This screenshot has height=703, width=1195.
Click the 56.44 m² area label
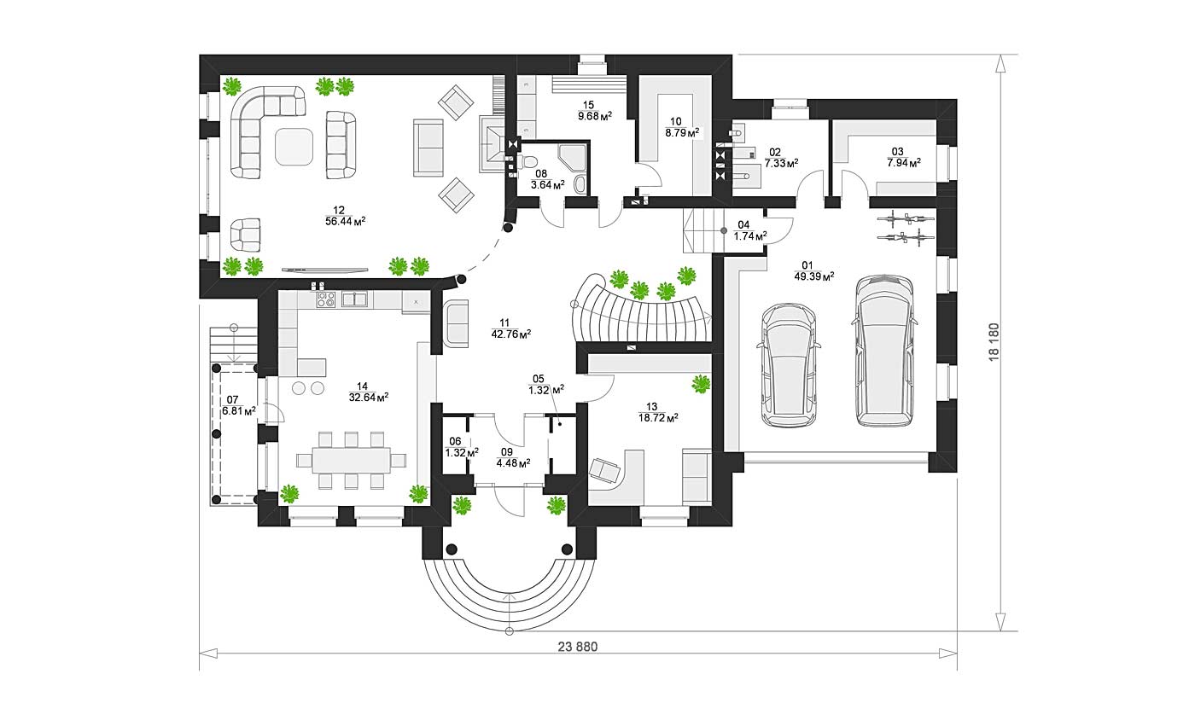coord(345,221)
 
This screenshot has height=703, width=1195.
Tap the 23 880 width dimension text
coord(578,647)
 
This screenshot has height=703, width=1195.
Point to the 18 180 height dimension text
coord(994,342)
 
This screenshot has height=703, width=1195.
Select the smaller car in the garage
coord(789,365)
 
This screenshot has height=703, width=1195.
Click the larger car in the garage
coord(884,350)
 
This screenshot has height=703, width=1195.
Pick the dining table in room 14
coord(352,461)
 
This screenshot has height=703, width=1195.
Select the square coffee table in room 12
coord(294,147)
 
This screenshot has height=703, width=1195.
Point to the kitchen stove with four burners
coord(325,299)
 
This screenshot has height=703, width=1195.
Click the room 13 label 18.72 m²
coord(658,418)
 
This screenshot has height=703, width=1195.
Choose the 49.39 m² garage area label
coord(814,276)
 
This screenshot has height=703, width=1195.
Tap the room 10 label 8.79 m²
coord(682,132)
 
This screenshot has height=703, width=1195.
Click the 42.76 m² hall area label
coord(511,334)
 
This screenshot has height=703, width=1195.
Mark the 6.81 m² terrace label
coord(238,411)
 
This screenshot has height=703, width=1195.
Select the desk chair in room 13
coord(605,470)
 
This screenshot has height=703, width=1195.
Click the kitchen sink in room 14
coord(354,299)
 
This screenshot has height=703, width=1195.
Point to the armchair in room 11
coord(457,323)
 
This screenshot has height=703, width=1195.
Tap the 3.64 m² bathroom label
coord(548,185)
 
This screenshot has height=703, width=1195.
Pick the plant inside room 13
coord(701,384)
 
